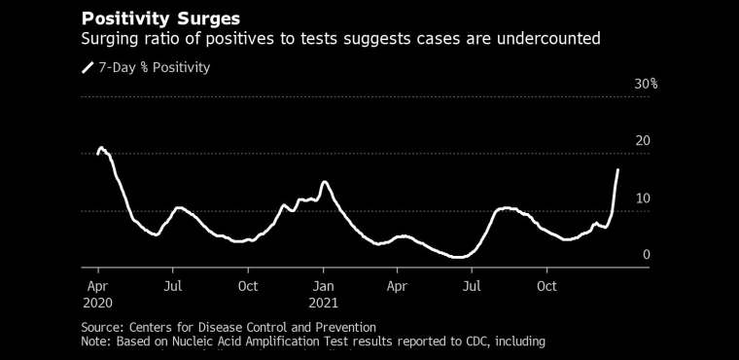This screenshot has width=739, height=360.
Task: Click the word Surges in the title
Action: point(208,19)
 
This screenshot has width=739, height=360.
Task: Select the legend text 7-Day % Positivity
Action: point(154,68)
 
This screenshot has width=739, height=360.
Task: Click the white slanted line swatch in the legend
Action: point(88,67)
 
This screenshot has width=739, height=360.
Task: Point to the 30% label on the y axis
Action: point(646,85)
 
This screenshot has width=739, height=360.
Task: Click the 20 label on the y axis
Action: point(643,141)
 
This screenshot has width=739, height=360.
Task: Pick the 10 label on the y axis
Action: point(643,198)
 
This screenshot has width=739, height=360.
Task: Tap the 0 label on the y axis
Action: point(647,255)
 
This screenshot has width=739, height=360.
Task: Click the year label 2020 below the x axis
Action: point(97,303)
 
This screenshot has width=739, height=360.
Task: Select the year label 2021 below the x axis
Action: point(323,303)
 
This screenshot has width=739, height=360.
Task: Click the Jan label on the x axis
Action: point(323,286)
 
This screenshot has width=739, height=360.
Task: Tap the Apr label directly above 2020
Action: point(98,287)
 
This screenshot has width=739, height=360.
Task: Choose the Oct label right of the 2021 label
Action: point(547,286)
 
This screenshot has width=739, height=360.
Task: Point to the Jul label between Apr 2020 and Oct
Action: point(173,286)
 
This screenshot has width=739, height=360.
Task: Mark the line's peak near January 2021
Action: point(324,182)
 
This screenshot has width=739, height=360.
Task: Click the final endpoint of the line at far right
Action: point(617,169)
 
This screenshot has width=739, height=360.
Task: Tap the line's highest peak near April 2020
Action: point(100,148)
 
